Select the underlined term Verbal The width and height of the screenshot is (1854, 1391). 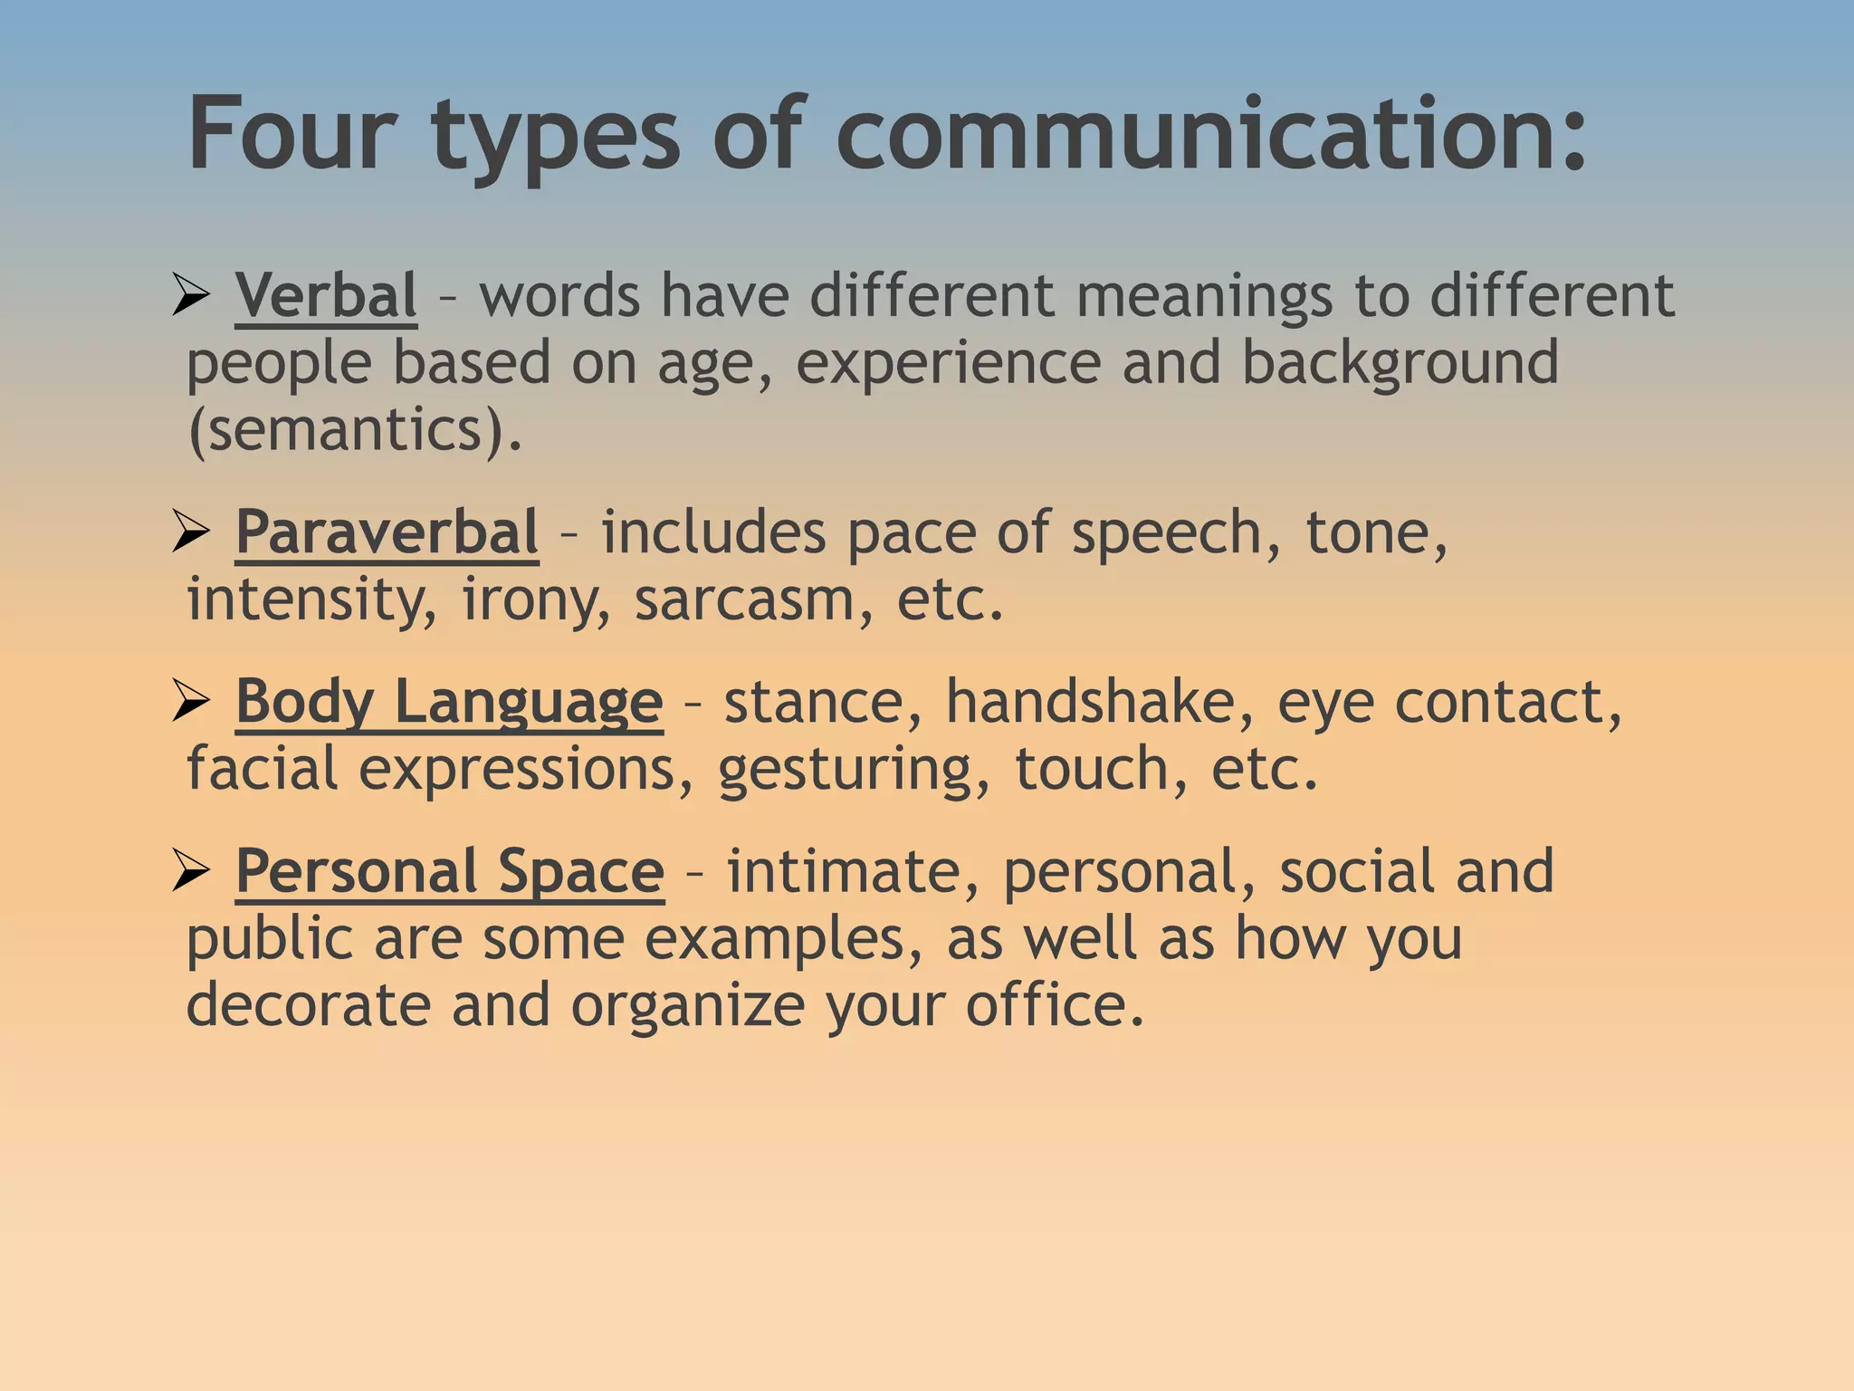click(326, 295)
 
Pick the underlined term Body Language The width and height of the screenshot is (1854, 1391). click(449, 702)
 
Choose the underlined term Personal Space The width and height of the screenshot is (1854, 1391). click(450, 871)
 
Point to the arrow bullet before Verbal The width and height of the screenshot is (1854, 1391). click(191, 296)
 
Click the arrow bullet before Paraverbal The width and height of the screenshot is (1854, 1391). click(191, 532)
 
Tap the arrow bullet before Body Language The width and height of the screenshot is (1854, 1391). click(191, 703)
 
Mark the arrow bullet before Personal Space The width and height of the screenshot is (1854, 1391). click(191, 872)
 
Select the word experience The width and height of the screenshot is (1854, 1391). click(948, 363)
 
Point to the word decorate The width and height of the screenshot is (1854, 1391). click(308, 1005)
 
